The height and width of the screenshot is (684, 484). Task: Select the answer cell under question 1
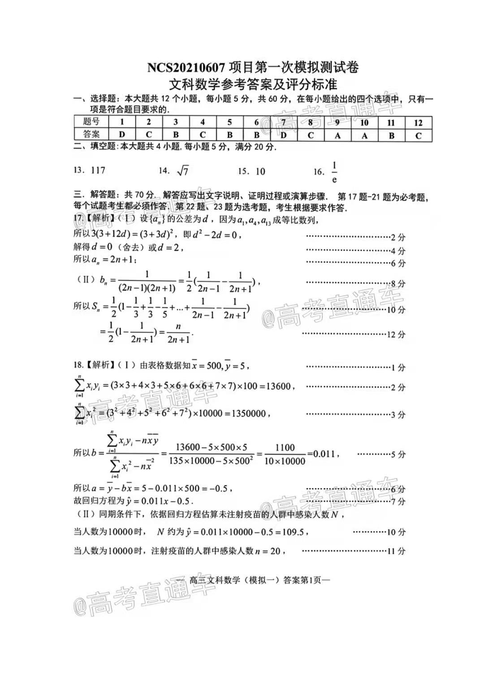click(x=122, y=134)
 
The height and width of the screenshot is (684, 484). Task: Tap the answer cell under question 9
click(x=337, y=135)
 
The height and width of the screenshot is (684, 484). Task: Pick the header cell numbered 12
click(x=418, y=123)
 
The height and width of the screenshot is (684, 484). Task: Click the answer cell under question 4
click(x=203, y=134)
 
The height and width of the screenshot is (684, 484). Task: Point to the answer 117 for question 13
click(x=98, y=170)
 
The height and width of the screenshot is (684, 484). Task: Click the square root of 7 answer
click(x=182, y=171)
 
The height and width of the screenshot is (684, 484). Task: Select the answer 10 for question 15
click(x=260, y=171)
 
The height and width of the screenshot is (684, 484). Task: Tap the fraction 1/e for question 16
click(x=334, y=172)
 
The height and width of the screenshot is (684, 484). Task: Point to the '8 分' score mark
click(x=398, y=284)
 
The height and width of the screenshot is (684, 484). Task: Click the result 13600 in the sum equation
click(x=278, y=386)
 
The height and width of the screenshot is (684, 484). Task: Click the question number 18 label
click(x=78, y=365)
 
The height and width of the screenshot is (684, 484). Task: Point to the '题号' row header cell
click(x=91, y=122)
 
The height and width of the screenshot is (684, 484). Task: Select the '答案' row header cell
click(x=91, y=134)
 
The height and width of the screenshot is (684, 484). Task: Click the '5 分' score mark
click(x=398, y=455)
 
